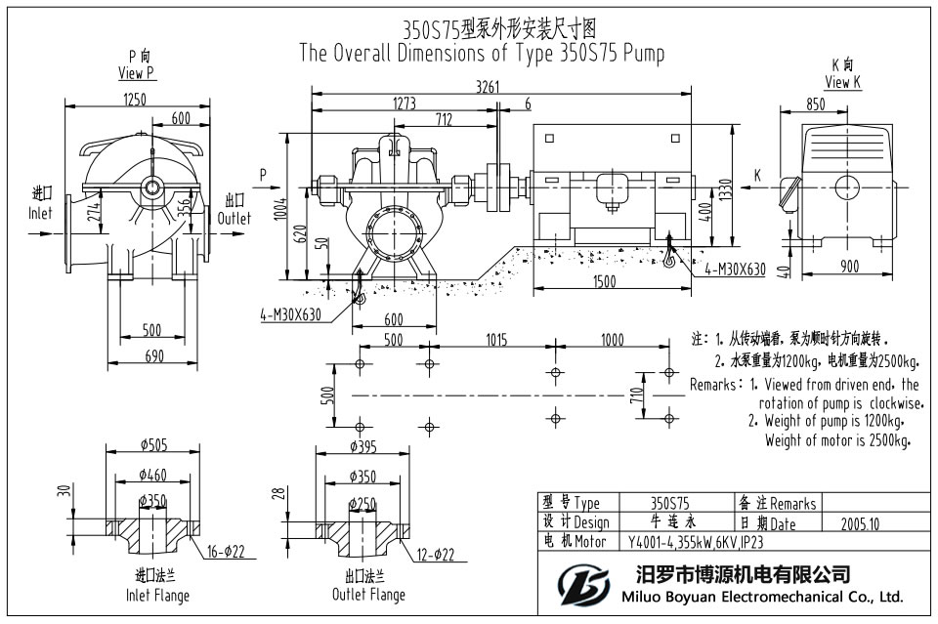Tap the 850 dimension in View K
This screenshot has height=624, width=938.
click(x=816, y=104)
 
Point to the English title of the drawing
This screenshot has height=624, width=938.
click(x=482, y=53)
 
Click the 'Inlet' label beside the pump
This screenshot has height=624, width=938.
click(x=40, y=212)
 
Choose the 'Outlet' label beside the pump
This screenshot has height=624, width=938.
click(x=234, y=218)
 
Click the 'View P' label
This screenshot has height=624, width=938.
click(x=136, y=73)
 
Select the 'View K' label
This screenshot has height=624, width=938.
click(x=843, y=82)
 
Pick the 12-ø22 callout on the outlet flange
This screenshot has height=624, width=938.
click(x=435, y=555)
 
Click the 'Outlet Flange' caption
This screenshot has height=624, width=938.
click(x=368, y=595)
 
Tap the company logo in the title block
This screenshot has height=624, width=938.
click(x=581, y=583)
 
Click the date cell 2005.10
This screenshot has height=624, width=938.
click(x=860, y=523)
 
